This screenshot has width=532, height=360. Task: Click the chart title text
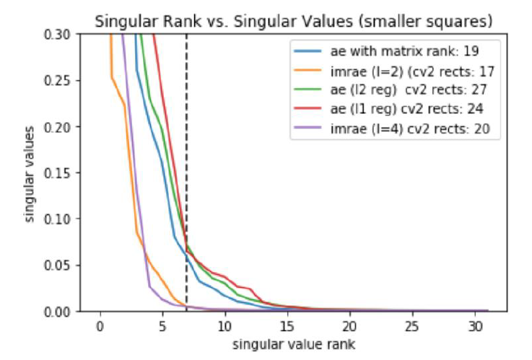coord(295,22)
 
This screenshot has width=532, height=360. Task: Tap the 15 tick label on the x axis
coord(287,326)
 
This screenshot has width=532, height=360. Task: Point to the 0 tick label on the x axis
coord(100,326)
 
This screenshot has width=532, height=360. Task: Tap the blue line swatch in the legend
coord(308,52)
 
